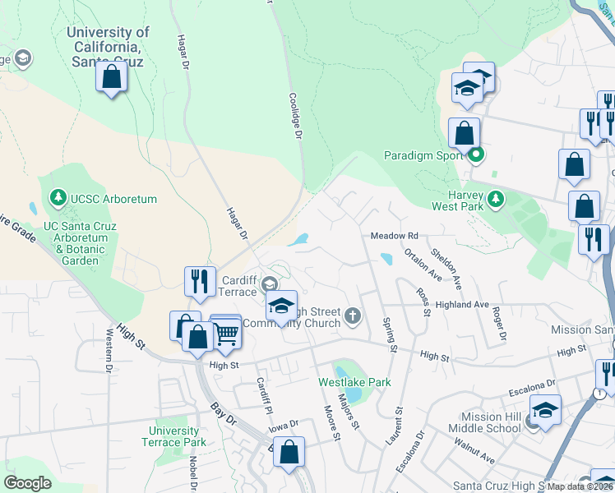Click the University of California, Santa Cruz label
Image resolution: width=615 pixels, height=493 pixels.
coord(108,46)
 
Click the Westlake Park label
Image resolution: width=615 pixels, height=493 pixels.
coord(354,382)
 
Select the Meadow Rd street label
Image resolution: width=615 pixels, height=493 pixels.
coord(395,236)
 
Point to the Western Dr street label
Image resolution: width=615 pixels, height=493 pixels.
coord(109,351)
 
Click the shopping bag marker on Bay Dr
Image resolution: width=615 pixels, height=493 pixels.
coord(289,451)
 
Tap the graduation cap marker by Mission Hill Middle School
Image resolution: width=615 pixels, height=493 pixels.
coord(545,408)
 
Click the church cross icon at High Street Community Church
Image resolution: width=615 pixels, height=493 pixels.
coord(353,316)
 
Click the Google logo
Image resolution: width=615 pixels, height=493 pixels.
coord(27,483)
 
